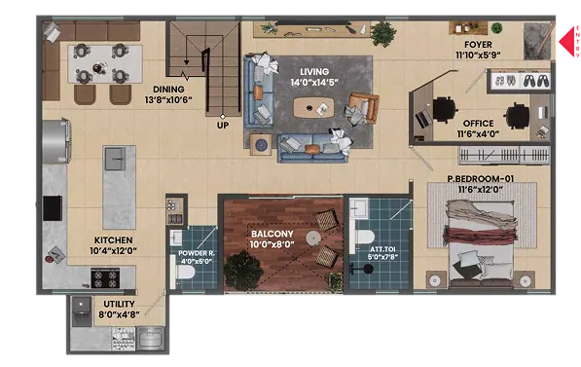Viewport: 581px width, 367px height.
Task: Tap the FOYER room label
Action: coord(478,45)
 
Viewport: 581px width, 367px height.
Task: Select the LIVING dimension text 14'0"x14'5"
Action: coord(314,83)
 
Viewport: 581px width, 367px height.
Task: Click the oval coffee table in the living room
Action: coord(313,107)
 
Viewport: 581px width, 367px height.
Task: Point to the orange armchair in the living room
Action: coord(364,107)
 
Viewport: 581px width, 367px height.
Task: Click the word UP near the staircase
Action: coord(223,126)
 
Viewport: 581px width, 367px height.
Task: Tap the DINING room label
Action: coord(168,90)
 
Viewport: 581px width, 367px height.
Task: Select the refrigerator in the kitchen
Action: coord(56,141)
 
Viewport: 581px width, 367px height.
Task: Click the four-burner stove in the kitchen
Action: coord(106,278)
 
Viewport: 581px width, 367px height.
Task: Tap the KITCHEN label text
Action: coord(113,240)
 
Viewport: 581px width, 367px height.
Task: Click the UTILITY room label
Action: coord(119,304)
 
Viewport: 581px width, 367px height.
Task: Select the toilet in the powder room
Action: coord(182,273)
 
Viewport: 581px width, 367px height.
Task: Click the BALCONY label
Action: coord(272,234)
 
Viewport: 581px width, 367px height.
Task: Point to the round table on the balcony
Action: coord(313,238)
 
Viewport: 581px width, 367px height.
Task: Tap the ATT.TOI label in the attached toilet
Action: coord(382,249)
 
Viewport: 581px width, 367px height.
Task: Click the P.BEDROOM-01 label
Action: coord(480,179)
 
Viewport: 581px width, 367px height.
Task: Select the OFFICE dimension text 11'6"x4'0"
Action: coord(478,133)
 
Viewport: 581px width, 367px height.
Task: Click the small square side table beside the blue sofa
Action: coord(261,145)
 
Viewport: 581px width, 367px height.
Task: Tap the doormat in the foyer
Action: coord(537,41)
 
